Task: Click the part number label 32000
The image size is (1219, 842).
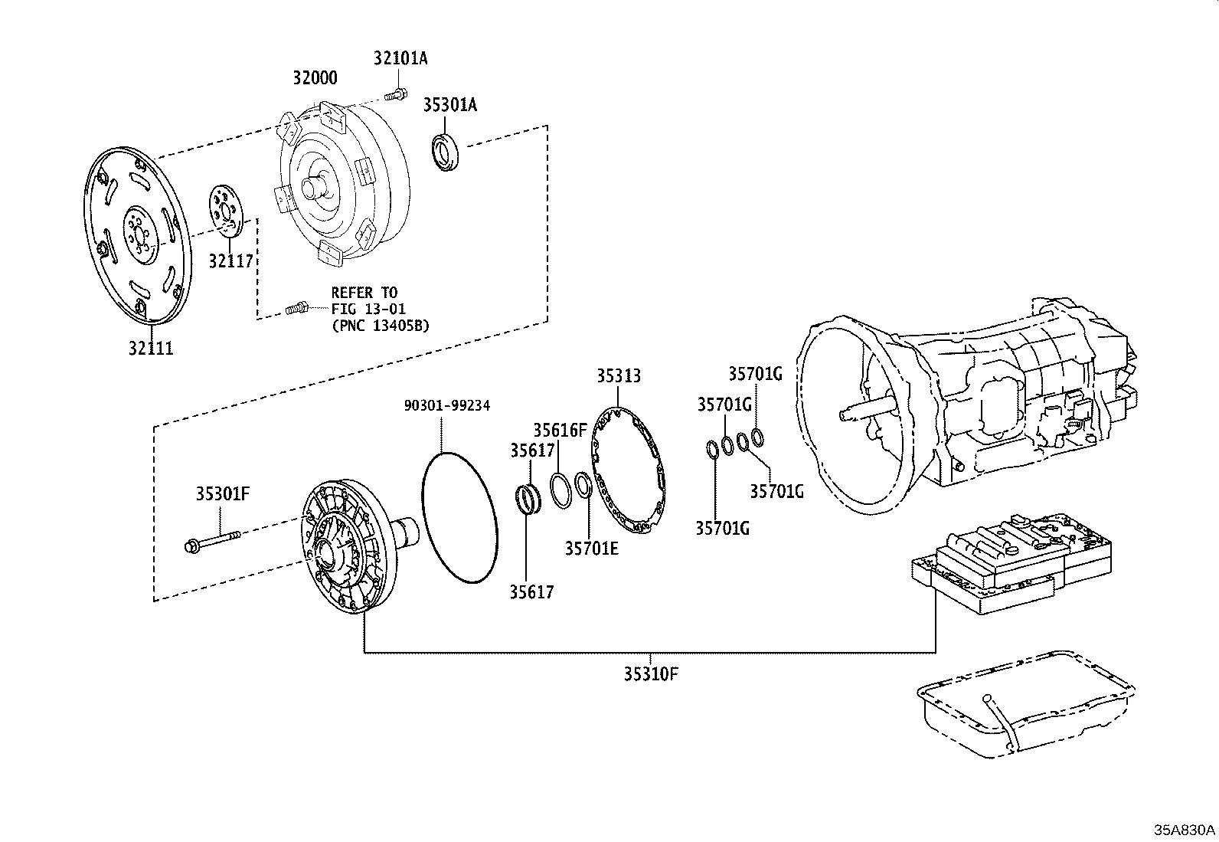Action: (315, 78)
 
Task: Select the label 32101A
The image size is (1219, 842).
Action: (400, 58)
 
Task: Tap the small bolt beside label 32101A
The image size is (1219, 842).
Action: (396, 95)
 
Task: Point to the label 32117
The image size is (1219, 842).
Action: (230, 261)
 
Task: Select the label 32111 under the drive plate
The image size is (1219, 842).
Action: (151, 349)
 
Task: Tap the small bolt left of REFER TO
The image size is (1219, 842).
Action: (296, 309)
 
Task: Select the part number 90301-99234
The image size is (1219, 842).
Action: (447, 405)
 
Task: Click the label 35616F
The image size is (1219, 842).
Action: (560, 430)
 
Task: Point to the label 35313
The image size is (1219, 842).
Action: (619, 376)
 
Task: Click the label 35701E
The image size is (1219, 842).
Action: (591, 548)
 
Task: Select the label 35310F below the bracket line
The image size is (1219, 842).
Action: (651, 674)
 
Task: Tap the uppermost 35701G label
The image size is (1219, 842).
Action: (755, 374)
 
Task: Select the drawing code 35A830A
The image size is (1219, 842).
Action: (1184, 831)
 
